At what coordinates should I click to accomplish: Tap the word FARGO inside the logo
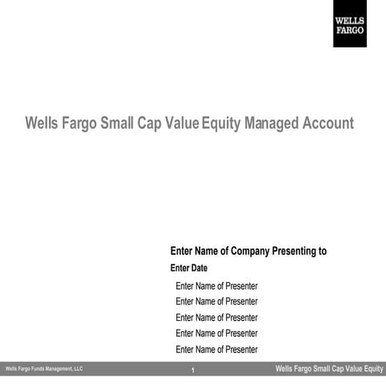pyautogui.click(x=350, y=31)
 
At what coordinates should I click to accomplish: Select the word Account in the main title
pyautogui.click(x=326, y=124)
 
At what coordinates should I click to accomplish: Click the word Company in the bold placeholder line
pyautogui.click(x=247, y=251)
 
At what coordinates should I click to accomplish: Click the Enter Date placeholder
pyautogui.click(x=189, y=268)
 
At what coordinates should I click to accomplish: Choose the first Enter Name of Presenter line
pyautogui.click(x=216, y=285)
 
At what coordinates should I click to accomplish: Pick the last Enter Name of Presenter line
pyautogui.click(x=216, y=349)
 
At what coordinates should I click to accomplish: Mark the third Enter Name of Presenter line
pyautogui.click(x=216, y=317)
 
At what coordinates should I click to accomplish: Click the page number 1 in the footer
pyautogui.click(x=194, y=370)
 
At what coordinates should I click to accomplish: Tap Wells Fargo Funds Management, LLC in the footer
pyautogui.click(x=44, y=368)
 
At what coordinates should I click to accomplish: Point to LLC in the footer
pyautogui.click(x=78, y=368)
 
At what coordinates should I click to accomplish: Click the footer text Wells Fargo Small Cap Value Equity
pyautogui.click(x=329, y=368)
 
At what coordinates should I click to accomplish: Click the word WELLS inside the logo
pyautogui.click(x=350, y=20)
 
